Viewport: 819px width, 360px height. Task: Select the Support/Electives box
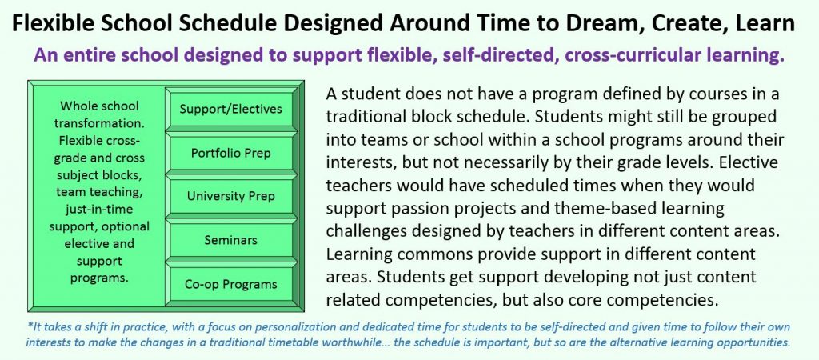pos(231,109)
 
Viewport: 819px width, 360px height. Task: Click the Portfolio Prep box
pos(231,153)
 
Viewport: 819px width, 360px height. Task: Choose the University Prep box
pos(231,197)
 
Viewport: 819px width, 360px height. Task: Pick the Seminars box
pos(231,240)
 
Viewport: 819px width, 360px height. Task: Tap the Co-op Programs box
pos(231,284)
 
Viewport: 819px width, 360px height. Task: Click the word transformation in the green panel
pos(99,124)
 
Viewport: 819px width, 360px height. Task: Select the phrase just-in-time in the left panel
pos(99,209)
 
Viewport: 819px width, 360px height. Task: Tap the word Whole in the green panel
pos(77,106)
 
